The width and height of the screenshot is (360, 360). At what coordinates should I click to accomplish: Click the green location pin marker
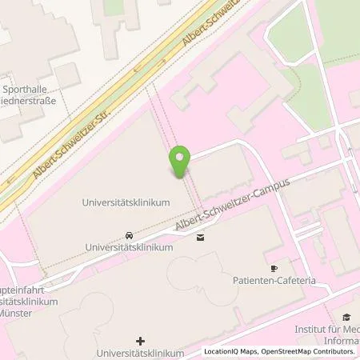point(182,162)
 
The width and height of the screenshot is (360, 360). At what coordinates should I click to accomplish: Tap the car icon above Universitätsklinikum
point(129,236)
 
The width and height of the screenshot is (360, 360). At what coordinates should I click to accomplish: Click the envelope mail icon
point(200,236)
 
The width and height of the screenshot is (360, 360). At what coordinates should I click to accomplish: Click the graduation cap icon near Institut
point(346,317)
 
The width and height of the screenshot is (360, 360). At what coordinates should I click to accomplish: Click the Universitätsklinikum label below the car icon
point(129,248)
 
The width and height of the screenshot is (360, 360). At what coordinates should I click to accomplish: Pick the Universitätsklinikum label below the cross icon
point(140,353)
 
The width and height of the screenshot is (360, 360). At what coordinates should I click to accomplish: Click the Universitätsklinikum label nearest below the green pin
point(126,203)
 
